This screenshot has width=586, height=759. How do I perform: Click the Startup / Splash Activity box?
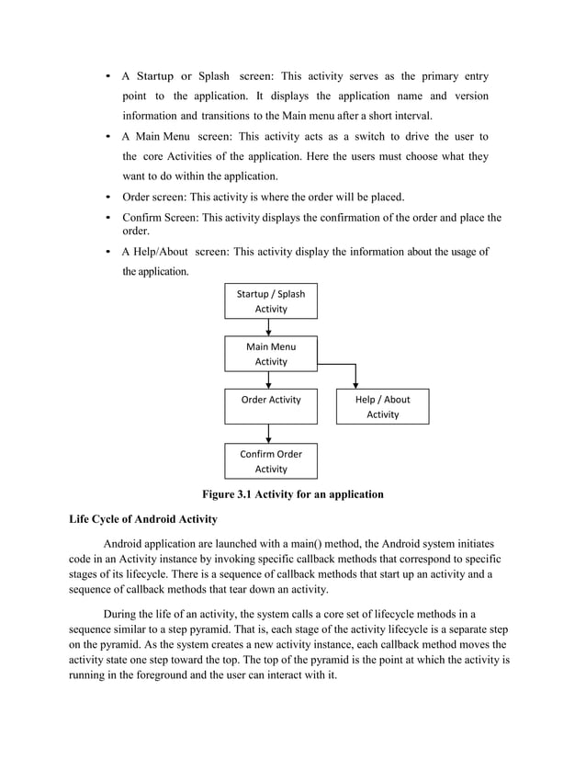(x=271, y=301)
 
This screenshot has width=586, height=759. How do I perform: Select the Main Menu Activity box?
(x=271, y=354)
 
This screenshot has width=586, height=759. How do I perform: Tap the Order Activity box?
(x=271, y=406)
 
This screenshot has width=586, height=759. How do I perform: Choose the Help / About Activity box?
(x=382, y=406)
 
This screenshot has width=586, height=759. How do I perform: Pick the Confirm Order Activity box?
(x=271, y=460)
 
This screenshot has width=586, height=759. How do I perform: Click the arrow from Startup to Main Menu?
(x=271, y=327)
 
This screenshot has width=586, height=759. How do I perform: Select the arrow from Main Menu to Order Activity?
(x=271, y=379)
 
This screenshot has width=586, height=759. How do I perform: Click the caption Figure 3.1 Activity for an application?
(x=292, y=494)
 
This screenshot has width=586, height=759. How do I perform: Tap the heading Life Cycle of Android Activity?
(x=143, y=518)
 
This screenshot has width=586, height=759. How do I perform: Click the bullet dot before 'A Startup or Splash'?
(x=110, y=76)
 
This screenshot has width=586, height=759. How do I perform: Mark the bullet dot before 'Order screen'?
(x=110, y=197)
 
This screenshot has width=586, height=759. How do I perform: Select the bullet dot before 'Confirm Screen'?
(x=110, y=218)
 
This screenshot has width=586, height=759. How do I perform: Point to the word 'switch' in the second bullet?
(x=367, y=137)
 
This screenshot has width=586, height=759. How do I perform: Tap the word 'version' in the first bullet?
(x=469, y=96)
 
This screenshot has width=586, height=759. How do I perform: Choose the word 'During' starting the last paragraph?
(x=123, y=614)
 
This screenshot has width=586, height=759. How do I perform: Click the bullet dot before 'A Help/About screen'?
(x=110, y=252)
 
